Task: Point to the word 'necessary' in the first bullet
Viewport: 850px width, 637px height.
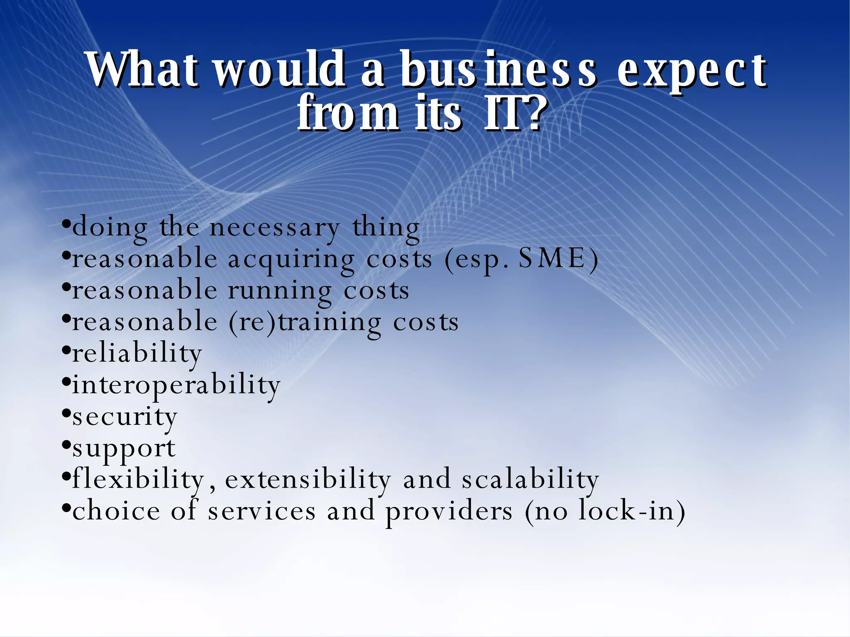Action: coord(274,228)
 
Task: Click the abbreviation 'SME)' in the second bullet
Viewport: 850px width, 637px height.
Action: coord(558,259)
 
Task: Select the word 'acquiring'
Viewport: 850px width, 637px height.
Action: coord(291,260)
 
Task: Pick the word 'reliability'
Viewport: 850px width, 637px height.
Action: coord(137,354)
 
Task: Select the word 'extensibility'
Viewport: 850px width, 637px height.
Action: coord(308,479)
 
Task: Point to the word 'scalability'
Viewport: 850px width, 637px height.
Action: coord(530,479)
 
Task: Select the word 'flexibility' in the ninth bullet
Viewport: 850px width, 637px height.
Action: coord(138,479)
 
